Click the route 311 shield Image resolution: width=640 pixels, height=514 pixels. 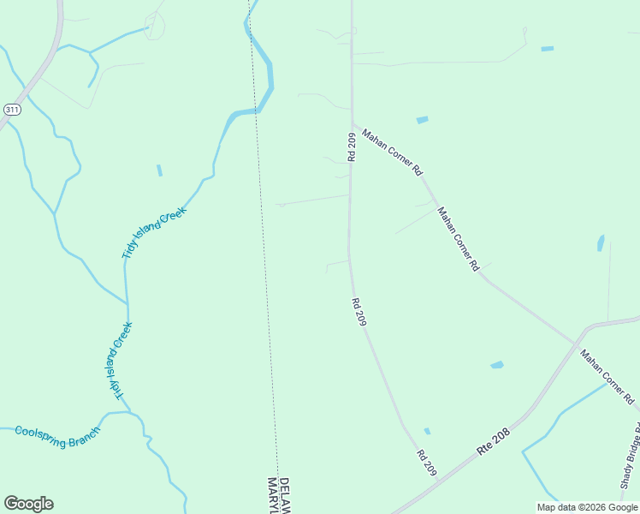coord(12,110)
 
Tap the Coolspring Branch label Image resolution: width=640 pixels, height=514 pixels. coord(57,430)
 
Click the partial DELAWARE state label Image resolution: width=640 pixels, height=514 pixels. coord(285,496)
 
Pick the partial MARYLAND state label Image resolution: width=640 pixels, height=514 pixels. coord(272,497)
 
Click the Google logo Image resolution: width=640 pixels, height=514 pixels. coord(28,504)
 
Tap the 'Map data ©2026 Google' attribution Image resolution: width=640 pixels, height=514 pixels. coord(587,507)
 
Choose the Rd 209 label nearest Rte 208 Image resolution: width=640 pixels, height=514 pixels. coord(427,463)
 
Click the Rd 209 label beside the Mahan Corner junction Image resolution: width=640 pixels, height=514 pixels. coord(352,146)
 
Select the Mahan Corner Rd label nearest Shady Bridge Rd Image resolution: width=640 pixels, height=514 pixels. coord(607,377)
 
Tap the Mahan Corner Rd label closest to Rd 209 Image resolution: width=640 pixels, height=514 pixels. coord(392,152)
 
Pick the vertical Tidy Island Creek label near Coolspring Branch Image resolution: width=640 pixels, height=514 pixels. coord(121,360)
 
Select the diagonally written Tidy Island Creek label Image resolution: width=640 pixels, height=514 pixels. coord(154,231)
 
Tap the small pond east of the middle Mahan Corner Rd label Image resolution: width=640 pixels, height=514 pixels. coord(601,243)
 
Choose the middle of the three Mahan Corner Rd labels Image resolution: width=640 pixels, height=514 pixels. coord(458,239)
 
